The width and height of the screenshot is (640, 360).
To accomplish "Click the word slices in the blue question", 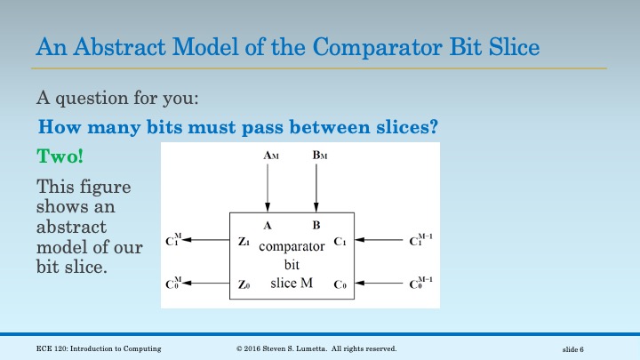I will point(404,126).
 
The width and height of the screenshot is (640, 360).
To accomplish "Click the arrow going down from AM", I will point(268,187).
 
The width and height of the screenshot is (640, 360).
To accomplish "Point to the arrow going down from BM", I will point(316,187).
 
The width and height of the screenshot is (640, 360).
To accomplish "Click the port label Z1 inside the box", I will point(244,241).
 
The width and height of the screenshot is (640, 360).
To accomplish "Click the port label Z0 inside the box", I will point(244,284).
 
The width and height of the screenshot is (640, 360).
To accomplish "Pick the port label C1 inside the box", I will point(340,241).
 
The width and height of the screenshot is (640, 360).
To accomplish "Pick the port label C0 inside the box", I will point(340,284).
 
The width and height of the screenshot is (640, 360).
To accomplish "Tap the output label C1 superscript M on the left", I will point(174,240).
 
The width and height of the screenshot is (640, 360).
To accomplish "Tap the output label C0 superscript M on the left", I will point(174,284).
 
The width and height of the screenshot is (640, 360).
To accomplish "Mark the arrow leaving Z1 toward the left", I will point(209,240).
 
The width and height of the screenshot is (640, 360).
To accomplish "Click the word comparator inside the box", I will point(292,248).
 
